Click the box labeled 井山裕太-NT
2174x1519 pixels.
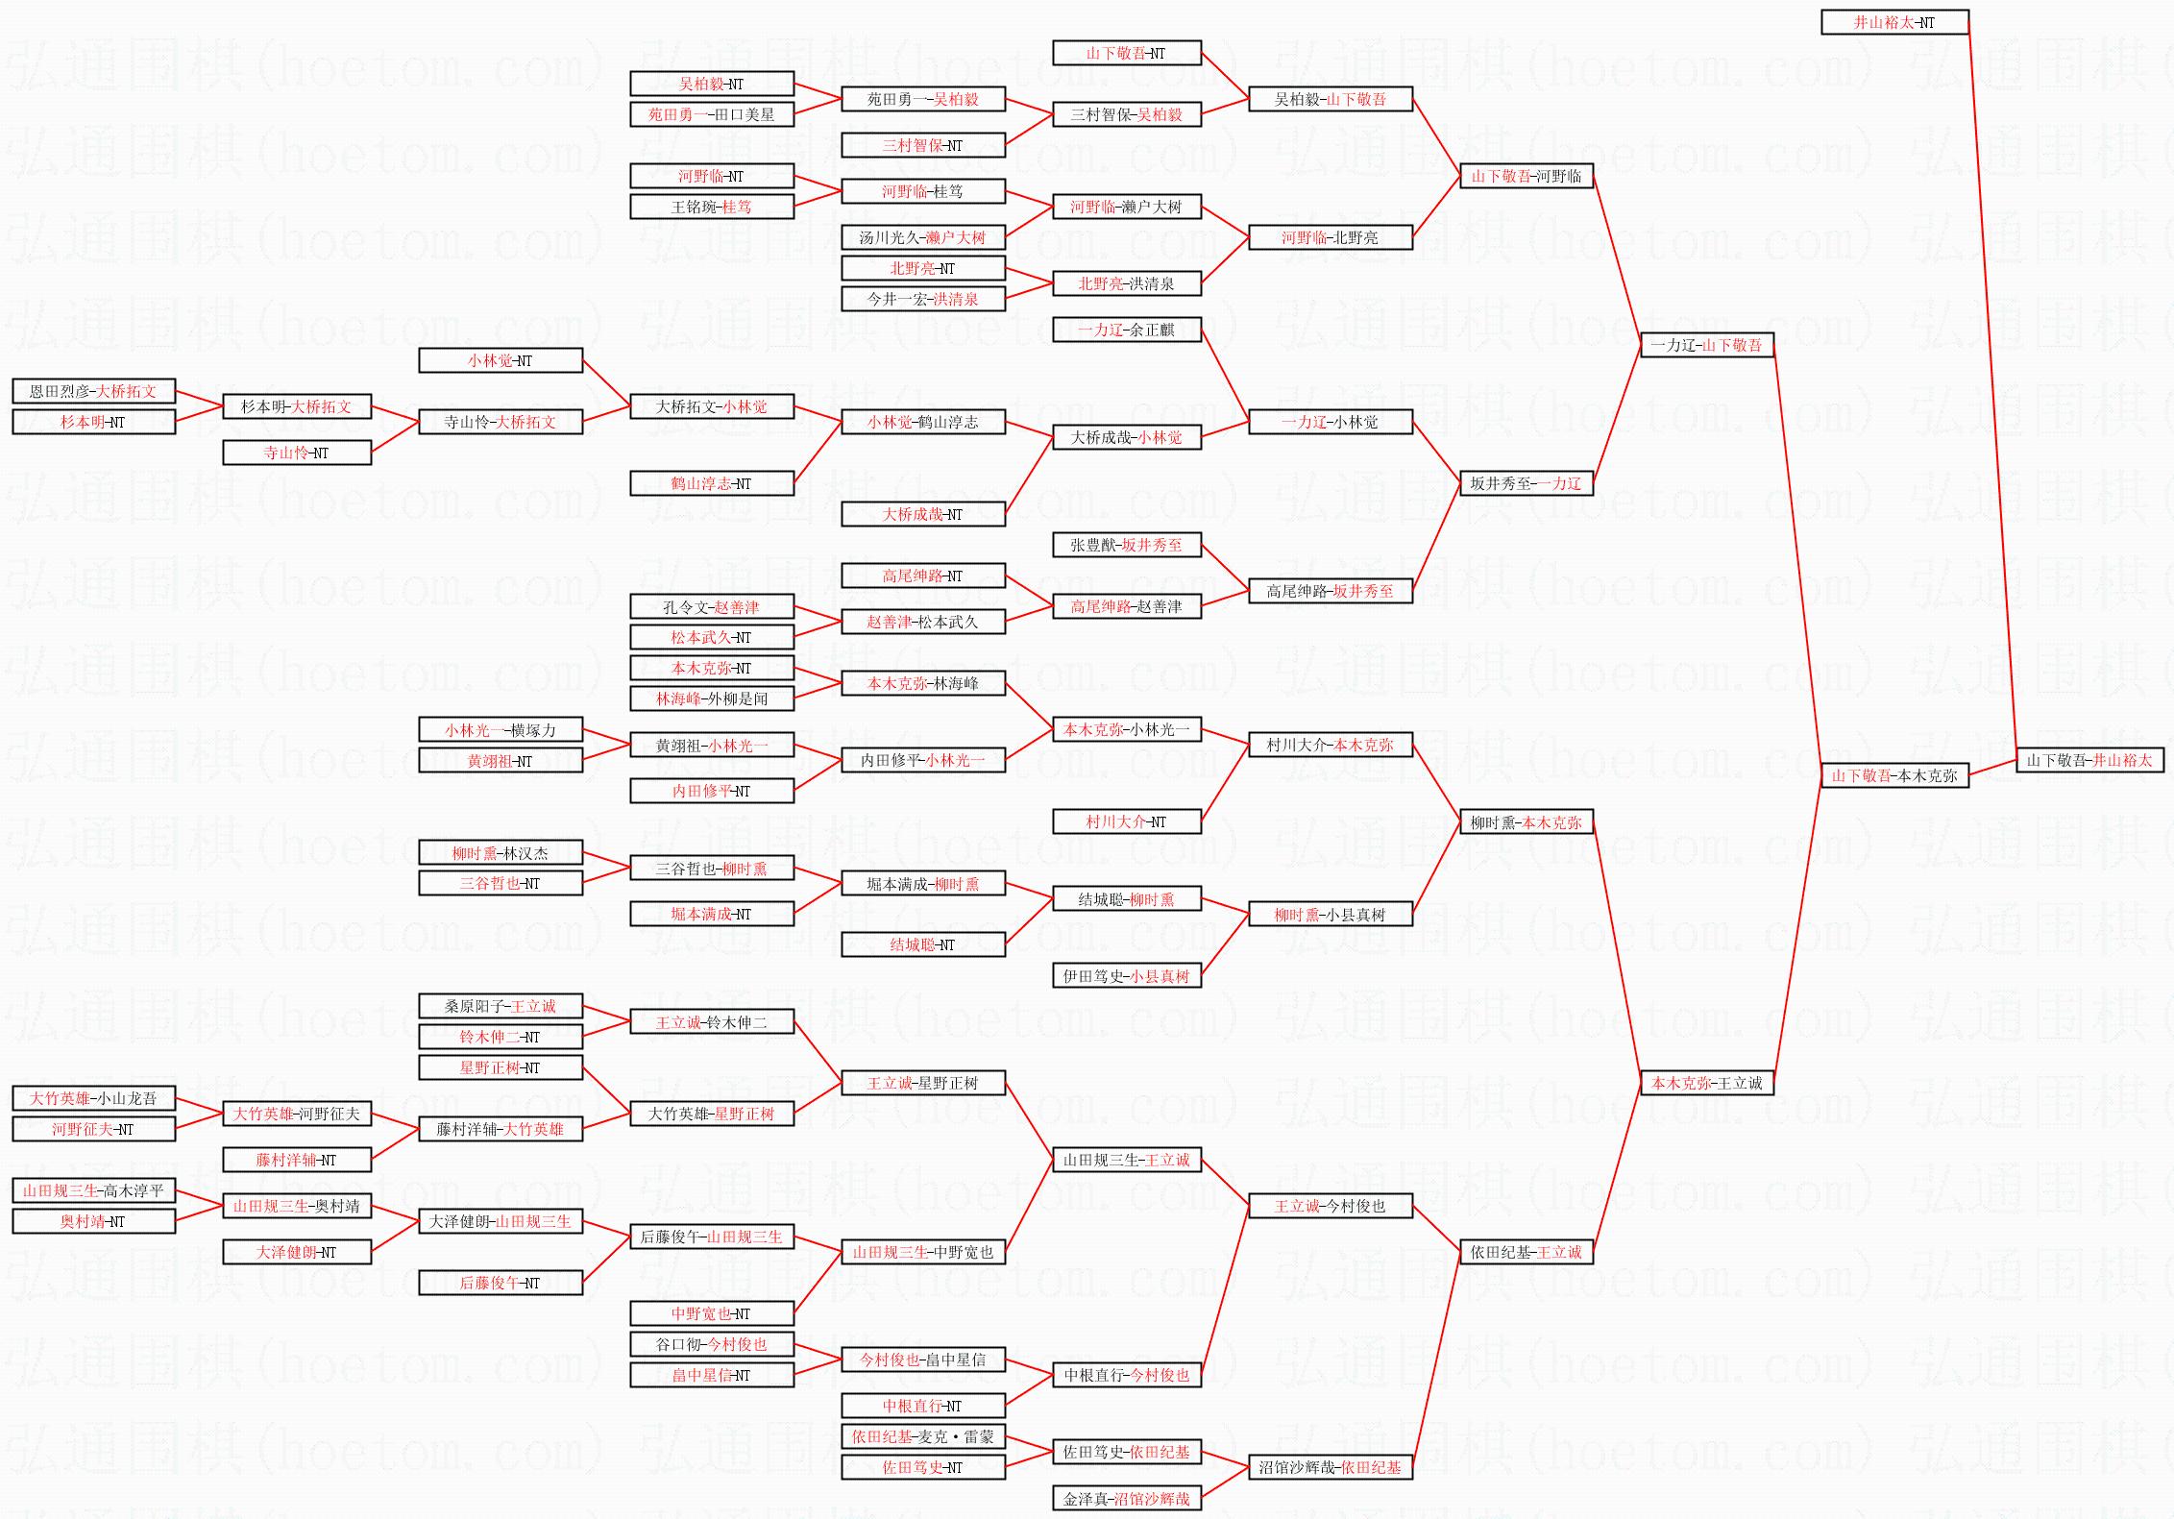(1894, 22)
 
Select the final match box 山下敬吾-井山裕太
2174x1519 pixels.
(2089, 760)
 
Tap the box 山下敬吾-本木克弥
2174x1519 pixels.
(1894, 775)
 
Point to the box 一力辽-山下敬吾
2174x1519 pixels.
(1706, 345)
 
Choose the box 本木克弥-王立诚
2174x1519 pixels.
(1706, 1083)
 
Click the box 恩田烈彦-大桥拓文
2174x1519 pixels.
(93, 391)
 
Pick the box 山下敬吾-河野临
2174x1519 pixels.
(1526, 176)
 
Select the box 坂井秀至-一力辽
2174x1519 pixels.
(1526, 483)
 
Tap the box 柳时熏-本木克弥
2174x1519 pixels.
(1526, 822)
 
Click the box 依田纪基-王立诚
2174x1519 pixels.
(1526, 1252)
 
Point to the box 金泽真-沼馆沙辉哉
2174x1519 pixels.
(1126, 1498)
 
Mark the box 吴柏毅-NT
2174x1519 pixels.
(711, 84)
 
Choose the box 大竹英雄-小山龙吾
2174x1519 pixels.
(93, 1098)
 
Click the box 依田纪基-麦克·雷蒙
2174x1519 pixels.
(922, 1436)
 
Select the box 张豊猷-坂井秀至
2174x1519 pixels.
(1126, 545)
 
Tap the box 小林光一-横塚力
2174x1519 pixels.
(500, 730)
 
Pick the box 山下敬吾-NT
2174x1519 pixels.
(1126, 53)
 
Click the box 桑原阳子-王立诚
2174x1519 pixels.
(500, 1006)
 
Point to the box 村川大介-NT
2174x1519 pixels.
(1126, 821)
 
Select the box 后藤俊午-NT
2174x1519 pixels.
(500, 1283)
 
